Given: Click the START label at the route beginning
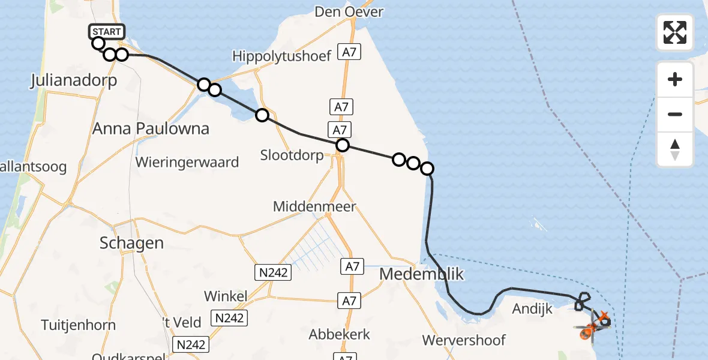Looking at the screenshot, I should [x=107, y=31].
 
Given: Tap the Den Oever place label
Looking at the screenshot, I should [x=349, y=12].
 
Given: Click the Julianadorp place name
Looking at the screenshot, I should [x=73, y=81].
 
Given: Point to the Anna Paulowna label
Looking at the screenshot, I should [x=151, y=128].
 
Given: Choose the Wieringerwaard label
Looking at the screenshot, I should [x=187, y=162].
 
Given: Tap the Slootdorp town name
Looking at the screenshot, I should [x=292, y=155].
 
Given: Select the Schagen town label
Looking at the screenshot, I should [x=132, y=243].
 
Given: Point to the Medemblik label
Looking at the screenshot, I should [x=422, y=274].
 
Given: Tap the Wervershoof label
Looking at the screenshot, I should [x=463, y=340].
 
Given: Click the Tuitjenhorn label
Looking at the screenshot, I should [x=79, y=325].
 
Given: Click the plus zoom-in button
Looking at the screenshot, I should [x=675, y=79].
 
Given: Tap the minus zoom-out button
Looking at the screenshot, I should [x=675, y=114].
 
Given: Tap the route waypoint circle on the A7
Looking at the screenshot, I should [x=342, y=145].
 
